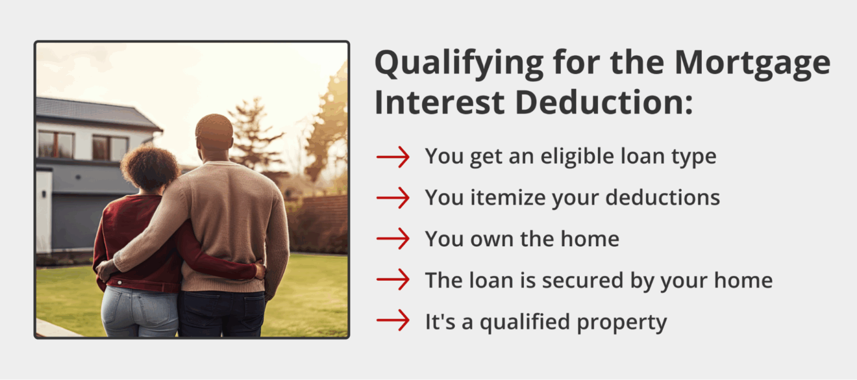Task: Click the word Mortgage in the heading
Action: (752, 63)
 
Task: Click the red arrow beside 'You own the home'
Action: (393, 239)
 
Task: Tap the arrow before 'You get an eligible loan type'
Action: (393, 157)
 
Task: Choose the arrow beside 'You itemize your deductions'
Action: (393, 198)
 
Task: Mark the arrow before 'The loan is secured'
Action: (393, 280)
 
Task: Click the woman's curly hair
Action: (150, 167)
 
